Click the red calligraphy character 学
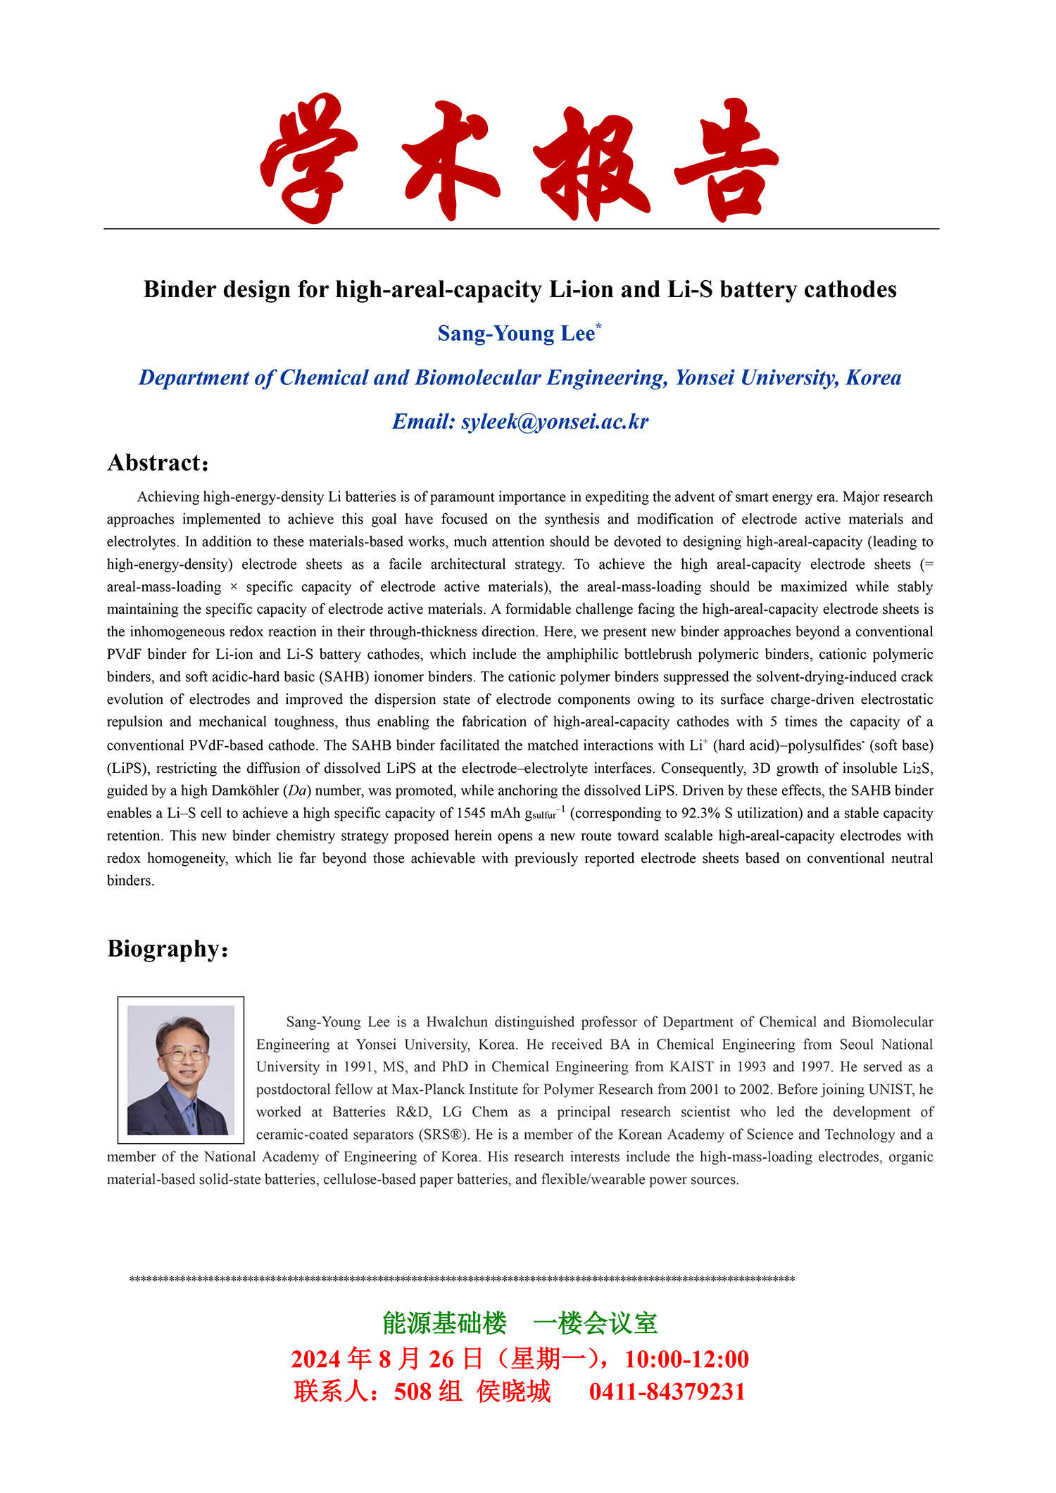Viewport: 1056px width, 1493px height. click(x=308, y=158)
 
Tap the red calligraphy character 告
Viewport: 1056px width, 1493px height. click(x=727, y=160)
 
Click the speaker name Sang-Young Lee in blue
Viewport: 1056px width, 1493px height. click(x=516, y=334)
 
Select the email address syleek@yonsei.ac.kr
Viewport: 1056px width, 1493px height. click(x=555, y=422)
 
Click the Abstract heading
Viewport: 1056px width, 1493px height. click(x=154, y=463)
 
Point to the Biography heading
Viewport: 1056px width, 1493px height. click(x=163, y=949)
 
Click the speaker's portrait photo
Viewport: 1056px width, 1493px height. click(x=181, y=1069)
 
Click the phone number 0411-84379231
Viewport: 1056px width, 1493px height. click(x=667, y=1392)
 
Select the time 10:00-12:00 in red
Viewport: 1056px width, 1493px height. click(x=686, y=1359)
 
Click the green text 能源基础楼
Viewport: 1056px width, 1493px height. click(x=444, y=1323)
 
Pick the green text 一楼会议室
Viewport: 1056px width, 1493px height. click(x=596, y=1323)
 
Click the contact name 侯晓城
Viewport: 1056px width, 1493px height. click(x=513, y=1392)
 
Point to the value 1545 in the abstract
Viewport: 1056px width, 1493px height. click(x=471, y=813)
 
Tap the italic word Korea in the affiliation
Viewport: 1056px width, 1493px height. click(x=873, y=378)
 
